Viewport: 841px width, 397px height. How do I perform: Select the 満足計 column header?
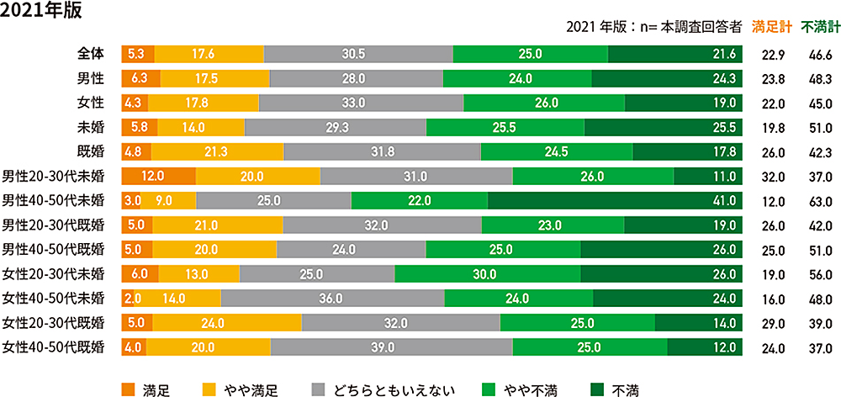(x=772, y=26)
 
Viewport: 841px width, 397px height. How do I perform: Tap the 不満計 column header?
(x=820, y=26)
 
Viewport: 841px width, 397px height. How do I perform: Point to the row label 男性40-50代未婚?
(x=53, y=201)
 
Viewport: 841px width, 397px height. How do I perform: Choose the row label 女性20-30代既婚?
(x=53, y=323)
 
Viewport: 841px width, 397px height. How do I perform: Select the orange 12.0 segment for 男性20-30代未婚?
(x=158, y=177)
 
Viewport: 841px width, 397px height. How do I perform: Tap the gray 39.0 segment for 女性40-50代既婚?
(x=391, y=347)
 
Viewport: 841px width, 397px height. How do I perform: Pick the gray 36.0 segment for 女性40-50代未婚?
(x=332, y=299)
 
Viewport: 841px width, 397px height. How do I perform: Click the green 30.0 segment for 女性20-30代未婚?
(x=487, y=274)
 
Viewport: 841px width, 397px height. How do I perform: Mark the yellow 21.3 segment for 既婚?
(x=217, y=152)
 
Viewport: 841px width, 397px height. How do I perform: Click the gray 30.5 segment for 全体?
(x=358, y=54)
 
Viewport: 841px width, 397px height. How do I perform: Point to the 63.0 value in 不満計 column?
(x=820, y=202)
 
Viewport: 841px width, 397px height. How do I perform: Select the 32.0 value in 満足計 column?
(x=772, y=177)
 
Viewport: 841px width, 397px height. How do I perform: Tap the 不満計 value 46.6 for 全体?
(x=820, y=55)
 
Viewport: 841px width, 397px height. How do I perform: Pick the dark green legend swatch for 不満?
(x=597, y=389)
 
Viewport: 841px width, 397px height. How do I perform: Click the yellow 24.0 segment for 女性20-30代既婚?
(x=227, y=323)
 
